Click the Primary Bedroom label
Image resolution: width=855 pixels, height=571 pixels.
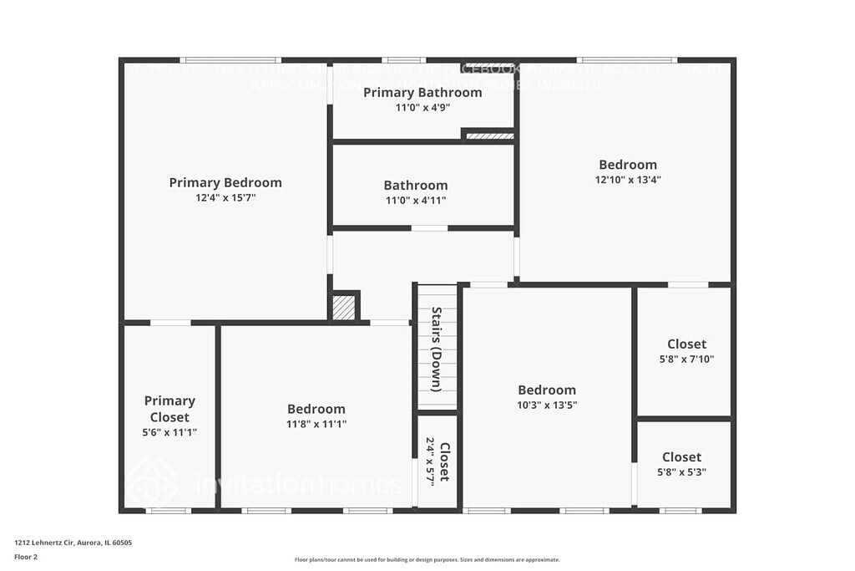(225, 182)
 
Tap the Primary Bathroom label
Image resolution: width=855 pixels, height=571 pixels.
(422, 92)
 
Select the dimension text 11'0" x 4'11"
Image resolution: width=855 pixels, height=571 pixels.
(416, 201)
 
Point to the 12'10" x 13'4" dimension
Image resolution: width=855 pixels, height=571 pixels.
(628, 180)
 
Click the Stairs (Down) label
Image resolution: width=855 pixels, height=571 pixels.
(437, 349)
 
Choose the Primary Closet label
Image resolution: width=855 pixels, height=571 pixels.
(169, 409)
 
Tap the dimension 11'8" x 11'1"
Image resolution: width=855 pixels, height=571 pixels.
(316, 424)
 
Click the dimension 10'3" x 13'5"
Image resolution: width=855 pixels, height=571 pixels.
(547, 405)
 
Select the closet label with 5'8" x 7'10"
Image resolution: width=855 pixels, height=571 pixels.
(686, 344)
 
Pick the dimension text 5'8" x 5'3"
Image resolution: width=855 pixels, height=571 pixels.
(681, 472)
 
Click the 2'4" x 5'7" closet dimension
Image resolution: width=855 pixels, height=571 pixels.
(431, 461)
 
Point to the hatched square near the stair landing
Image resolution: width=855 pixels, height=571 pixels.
(343, 307)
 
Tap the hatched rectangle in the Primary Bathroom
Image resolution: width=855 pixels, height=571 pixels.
(488, 135)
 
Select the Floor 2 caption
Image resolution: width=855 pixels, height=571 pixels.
(26, 556)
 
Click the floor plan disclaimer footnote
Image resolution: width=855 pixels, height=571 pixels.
(427, 560)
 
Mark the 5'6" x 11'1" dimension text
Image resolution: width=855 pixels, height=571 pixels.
(169, 432)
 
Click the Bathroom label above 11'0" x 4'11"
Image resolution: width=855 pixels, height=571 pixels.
(416, 186)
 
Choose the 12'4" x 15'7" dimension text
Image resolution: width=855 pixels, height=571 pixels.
(225, 198)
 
